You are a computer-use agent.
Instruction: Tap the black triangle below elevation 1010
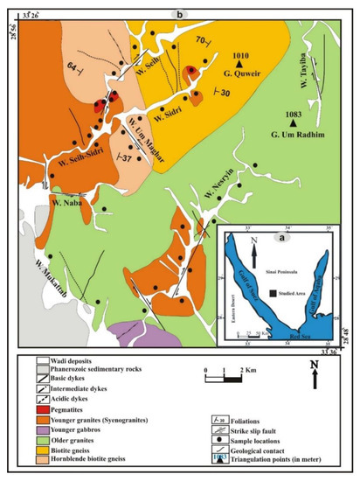[x=239, y=64]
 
